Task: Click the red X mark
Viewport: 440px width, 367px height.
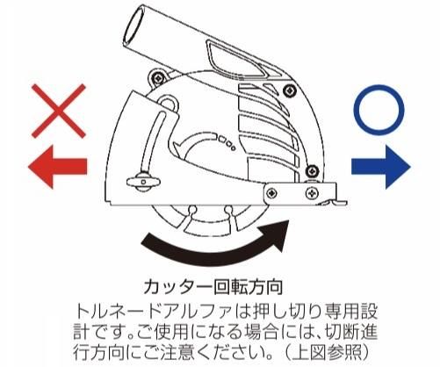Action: pyautogui.click(x=59, y=111)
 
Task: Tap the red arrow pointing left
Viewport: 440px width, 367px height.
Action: pyautogui.click(x=57, y=167)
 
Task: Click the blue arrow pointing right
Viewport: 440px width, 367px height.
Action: pyautogui.click(x=380, y=167)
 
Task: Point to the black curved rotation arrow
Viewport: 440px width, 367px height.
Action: pyautogui.click(x=213, y=251)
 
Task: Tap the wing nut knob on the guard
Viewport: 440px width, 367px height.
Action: pyautogui.click(x=143, y=182)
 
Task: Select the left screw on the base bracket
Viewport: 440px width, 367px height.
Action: pyautogui.click(x=272, y=193)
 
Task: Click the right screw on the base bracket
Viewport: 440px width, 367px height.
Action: pyautogui.click(x=311, y=193)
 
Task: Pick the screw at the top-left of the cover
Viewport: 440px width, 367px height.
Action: pyautogui.click(x=159, y=78)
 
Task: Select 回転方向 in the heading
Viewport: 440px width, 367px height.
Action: pyautogui.click(x=249, y=286)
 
